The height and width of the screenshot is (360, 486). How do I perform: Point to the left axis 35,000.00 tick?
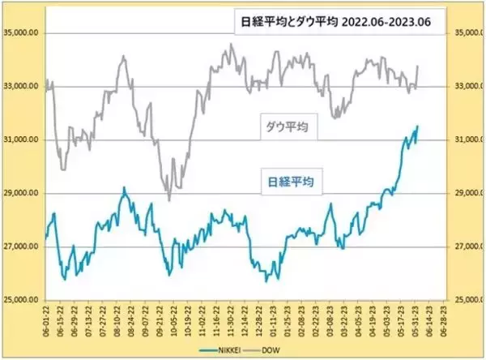[x=21, y=33]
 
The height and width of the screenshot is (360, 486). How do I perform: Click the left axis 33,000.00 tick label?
[x=21, y=87]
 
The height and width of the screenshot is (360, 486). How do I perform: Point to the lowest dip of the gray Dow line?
[x=169, y=199]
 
